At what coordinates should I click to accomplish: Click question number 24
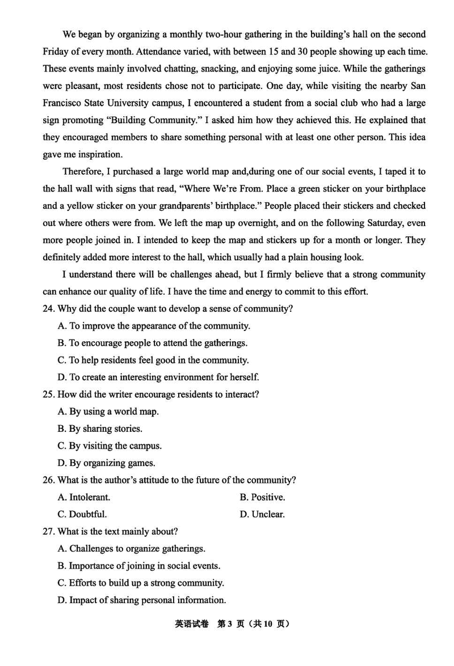pos(48,309)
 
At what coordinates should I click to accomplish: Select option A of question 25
pos(108,412)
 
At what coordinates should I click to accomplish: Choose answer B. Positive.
pos(262,497)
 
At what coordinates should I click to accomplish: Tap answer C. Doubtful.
pos(82,515)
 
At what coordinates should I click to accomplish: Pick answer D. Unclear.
pos(262,515)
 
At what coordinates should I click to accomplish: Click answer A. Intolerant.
pos(84,497)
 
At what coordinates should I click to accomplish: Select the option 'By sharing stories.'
pos(100,429)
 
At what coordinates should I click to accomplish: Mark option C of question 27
pos(141,583)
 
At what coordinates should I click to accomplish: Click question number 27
pos(48,532)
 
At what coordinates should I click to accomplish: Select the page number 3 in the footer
pos(230,624)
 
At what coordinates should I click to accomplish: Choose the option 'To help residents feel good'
pos(153,360)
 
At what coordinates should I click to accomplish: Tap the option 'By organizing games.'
pos(106,463)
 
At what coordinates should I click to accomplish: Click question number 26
pos(48,480)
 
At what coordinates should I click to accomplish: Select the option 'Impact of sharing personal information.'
pos(142,600)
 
